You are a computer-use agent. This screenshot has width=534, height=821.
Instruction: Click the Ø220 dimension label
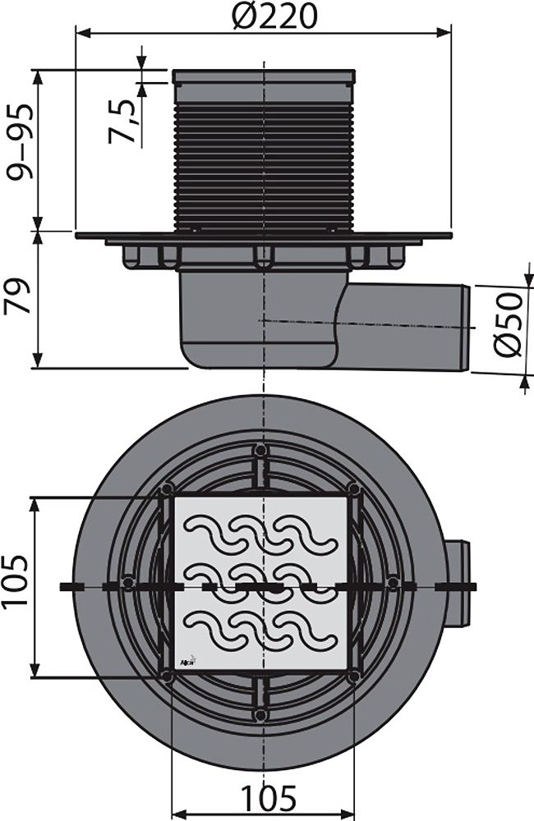pyautogui.click(x=274, y=16)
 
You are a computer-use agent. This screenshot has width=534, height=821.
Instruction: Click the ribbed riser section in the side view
pyautogui.click(x=264, y=156)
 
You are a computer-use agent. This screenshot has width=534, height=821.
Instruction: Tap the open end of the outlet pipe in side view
pyautogui.click(x=466, y=328)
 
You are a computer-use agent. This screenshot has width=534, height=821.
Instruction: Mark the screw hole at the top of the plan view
pyautogui.click(x=260, y=450)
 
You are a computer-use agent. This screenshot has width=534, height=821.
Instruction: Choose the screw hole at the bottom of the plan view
pyautogui.click(x=260, y=715)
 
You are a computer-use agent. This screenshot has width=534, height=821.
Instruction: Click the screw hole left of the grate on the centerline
pyautogui.click(x=127, y=583)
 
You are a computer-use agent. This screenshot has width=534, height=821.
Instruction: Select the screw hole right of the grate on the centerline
pyautogui.click(x=394, y=583)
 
